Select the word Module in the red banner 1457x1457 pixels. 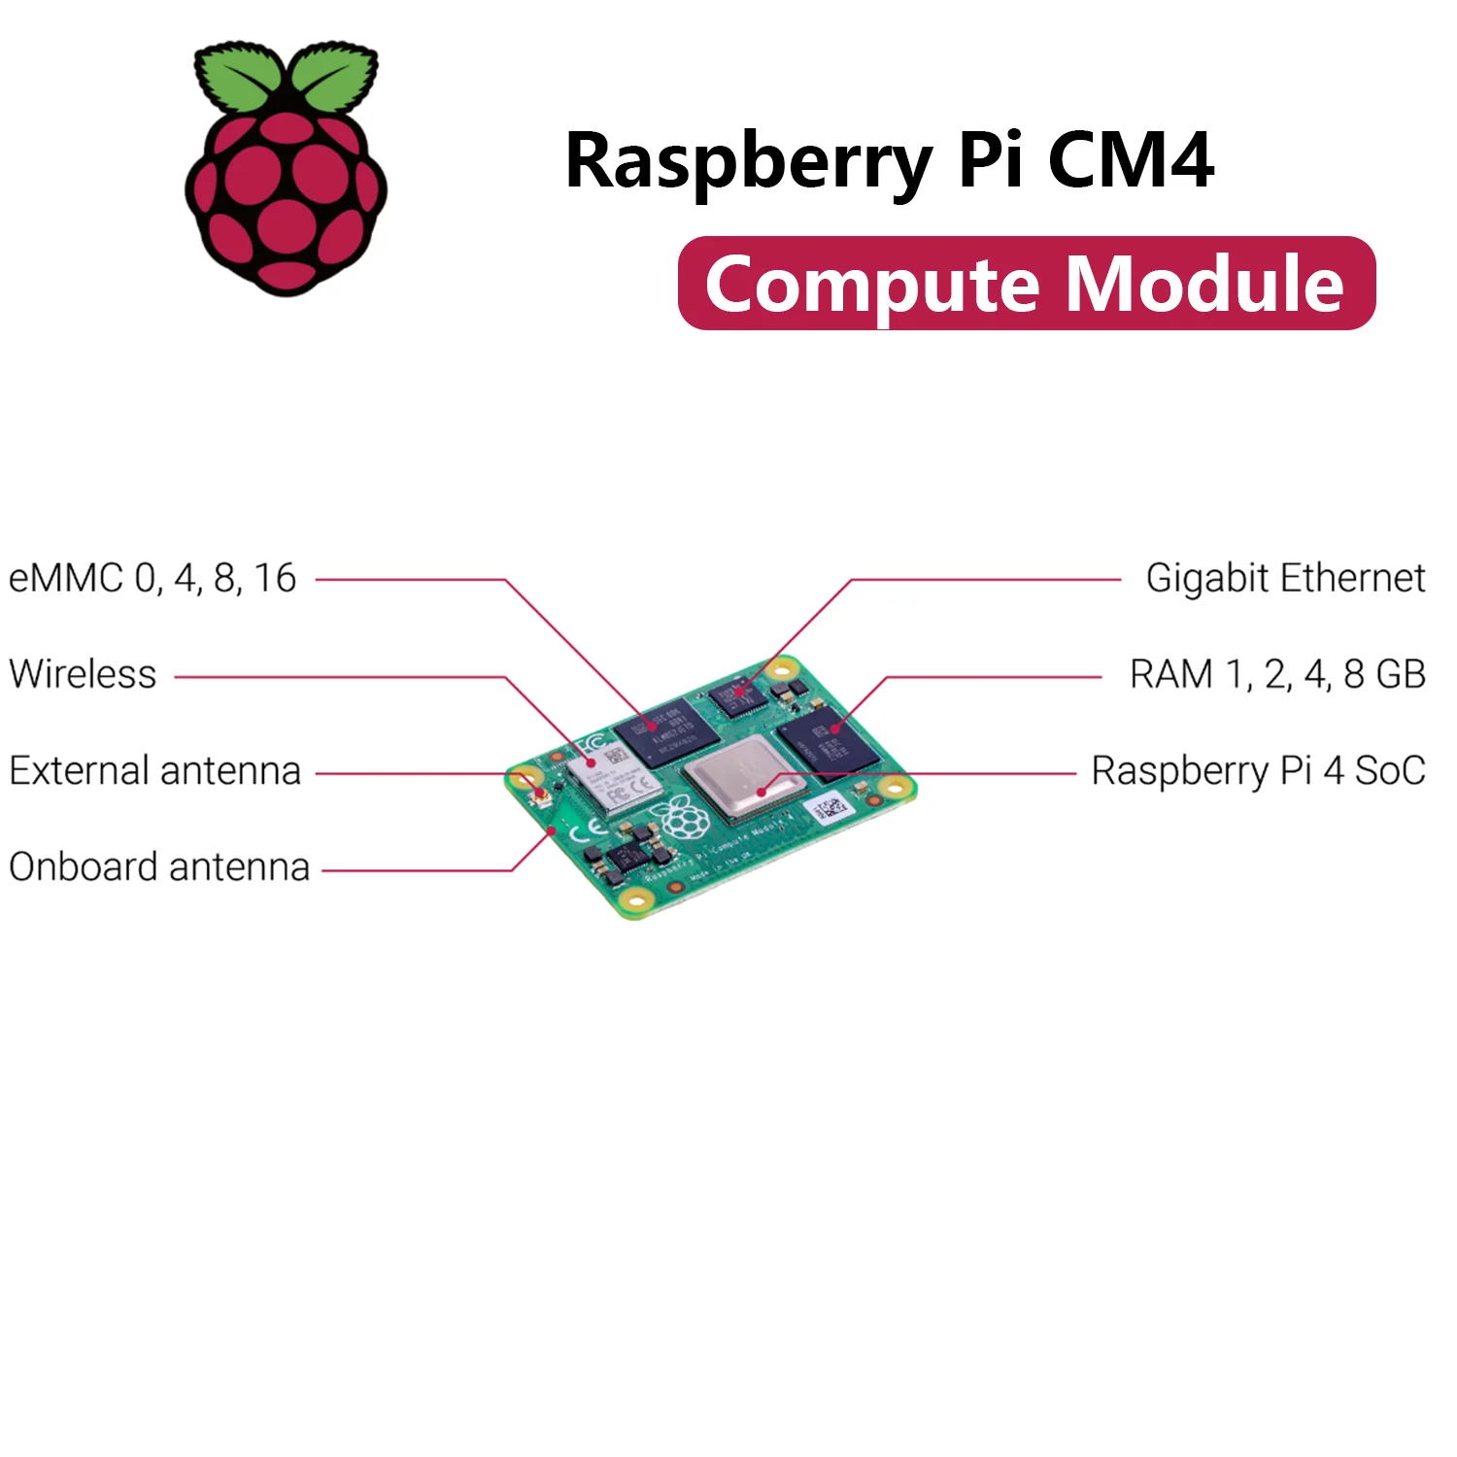pos(1204,284)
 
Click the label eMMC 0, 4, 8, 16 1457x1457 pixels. pos(152,578)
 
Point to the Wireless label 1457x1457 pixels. pos(83,674)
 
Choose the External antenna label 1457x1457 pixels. pos(155,771)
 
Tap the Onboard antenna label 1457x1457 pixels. pos(159,867)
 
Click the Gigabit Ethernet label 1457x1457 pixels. pos(1285,578)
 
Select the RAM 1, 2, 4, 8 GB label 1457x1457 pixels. pos(1277,674)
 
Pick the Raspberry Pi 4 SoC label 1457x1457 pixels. pos(1258,771)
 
